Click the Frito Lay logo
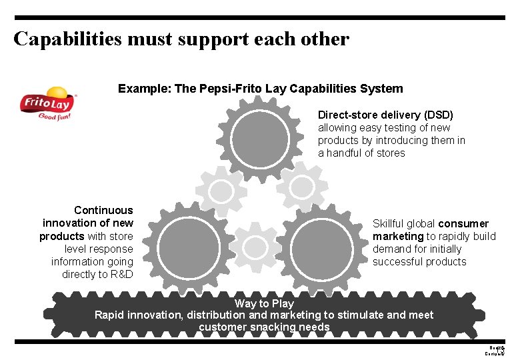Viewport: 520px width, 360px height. click(47, 103)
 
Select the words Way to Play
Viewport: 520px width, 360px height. click(264, 303)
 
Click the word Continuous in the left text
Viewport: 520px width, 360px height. click(103, 210)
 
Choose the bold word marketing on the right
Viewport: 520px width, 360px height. click(398, 236)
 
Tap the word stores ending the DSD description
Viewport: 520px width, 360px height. click(390, 153)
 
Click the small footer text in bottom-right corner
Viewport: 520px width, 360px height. click(496, 350)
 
